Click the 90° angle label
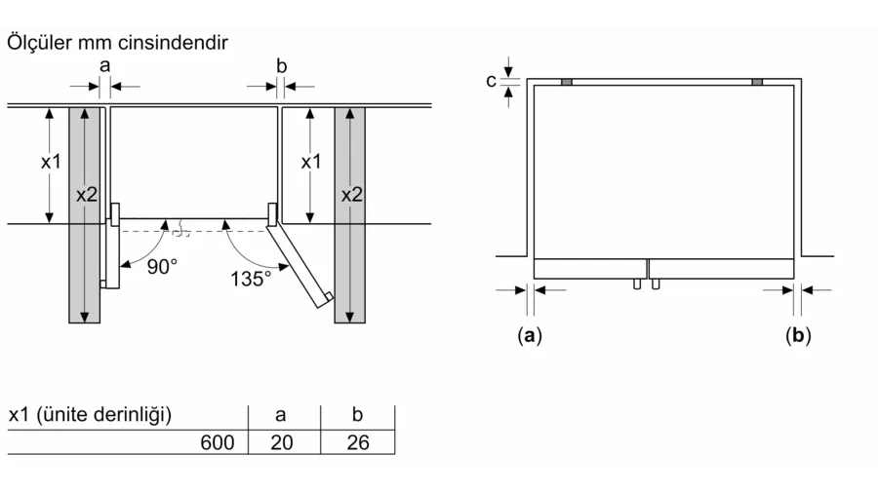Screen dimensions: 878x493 [162, 267]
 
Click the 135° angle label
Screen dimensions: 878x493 [251, 279]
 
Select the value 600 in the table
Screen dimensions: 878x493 [218, 442]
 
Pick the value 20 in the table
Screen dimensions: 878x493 [282, 442]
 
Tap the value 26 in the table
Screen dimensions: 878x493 [358, 442]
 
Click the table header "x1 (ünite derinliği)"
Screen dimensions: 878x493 [90, 415]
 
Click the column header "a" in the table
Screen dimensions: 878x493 [281, 415]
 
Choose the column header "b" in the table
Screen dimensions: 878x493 [357, 414]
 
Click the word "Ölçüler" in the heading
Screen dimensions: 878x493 [39, 43]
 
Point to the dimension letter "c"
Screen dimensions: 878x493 [491, 82]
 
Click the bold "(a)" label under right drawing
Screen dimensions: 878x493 [530, 335]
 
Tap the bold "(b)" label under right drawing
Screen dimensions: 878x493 [798, 335]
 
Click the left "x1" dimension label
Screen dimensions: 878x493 [51, 162]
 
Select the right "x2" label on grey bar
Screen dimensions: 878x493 [351, 195]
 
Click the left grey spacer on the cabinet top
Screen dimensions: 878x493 [567, 82]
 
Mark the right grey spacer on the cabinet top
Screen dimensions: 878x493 [757, 82]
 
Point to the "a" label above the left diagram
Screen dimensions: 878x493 [104, 66]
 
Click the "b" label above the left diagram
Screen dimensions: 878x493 [282, 66]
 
